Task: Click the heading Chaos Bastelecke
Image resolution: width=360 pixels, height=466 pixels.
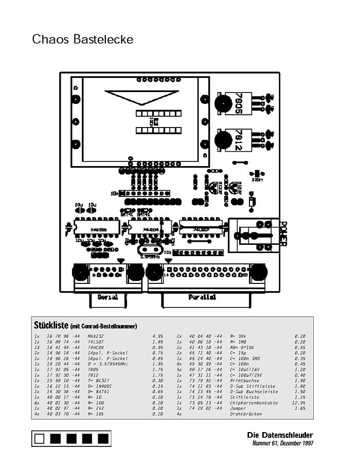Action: click(82, 40)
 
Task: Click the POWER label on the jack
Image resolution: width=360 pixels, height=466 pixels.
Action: click(282, 234)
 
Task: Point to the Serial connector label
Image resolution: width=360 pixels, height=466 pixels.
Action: click(107, 297)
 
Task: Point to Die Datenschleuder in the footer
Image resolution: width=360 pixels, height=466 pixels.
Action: click(280, 435)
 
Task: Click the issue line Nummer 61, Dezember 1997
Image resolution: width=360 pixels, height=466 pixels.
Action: click(282, 443)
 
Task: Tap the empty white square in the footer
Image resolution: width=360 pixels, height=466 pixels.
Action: click(39, 439)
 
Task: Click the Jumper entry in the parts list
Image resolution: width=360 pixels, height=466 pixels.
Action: click(238, 408)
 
